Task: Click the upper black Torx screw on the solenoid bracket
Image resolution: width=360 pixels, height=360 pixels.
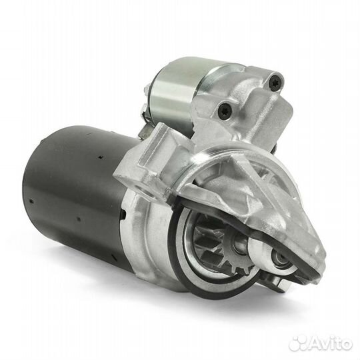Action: click(x=275, y=81)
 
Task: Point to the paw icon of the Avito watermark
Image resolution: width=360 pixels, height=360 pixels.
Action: click(x=298, y=344)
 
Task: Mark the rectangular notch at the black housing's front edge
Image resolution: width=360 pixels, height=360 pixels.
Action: click(x=124, y=215)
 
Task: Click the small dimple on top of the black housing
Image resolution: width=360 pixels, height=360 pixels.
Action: click(x=101, y=157)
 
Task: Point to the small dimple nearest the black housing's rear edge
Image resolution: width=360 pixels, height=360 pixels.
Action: click(x=32, y=201)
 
